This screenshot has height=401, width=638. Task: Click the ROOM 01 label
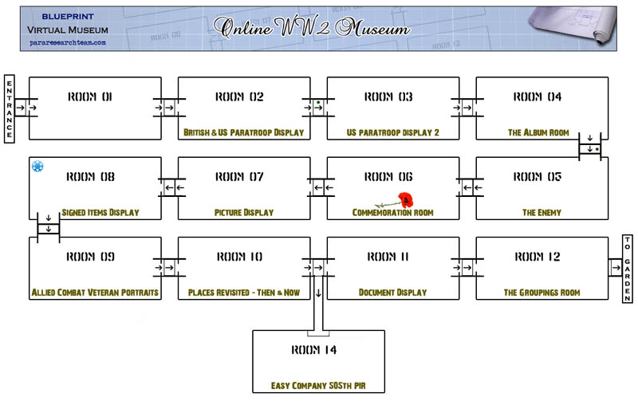90,96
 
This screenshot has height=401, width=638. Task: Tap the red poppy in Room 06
405,199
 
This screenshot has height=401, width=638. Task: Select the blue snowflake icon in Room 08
37,166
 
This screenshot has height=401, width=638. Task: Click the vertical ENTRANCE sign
10,109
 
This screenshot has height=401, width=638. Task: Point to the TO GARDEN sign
628,269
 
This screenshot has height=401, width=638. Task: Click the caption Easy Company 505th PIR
318,386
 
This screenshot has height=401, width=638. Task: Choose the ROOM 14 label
313,350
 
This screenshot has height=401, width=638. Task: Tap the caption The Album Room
538,132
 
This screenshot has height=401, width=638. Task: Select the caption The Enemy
542,212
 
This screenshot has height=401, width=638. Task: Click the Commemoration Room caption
392,212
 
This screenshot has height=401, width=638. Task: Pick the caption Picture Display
244,212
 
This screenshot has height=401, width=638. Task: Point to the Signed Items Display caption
100,212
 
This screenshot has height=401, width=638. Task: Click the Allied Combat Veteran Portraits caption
95,293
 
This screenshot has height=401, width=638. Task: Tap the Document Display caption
392,293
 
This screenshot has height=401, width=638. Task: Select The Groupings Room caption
542,293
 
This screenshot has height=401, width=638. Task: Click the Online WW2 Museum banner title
312,28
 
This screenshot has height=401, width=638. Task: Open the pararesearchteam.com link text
68,42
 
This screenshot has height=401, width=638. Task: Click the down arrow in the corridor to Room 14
318,293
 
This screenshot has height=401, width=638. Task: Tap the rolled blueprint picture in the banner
572,26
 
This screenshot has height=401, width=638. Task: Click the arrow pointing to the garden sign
616,268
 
